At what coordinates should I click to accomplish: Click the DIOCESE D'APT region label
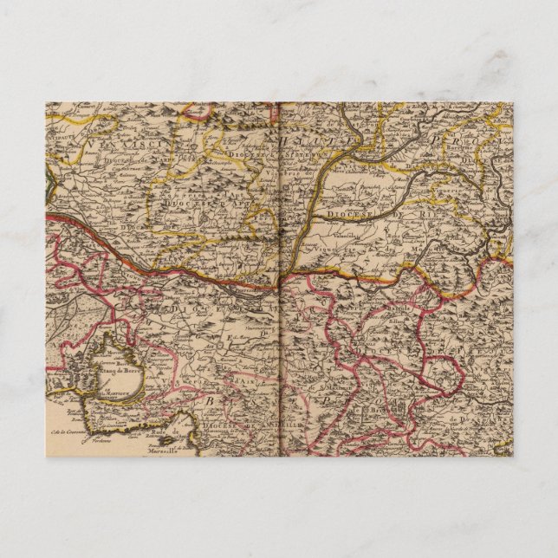click(x=186, y=195)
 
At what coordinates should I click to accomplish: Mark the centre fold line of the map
click(x=279, y=277)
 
